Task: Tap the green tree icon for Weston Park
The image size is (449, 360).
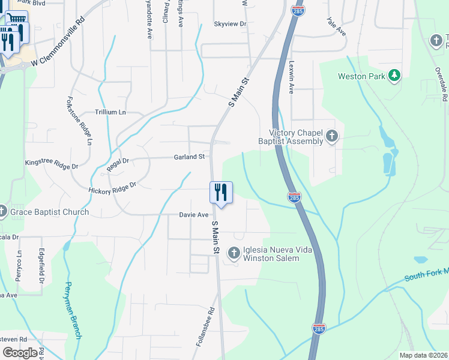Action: click(x=394, y=76)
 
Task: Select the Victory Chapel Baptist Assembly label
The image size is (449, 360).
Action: click(x=296, y=137)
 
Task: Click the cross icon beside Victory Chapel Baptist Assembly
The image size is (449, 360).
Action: click(x=331, y=137)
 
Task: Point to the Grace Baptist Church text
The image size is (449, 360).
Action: click(x=50, y=212)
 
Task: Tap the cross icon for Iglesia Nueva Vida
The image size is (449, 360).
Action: click(x=234, y=254)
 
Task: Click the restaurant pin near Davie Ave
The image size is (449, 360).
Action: click(x=221, y=193)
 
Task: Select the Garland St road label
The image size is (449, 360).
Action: click(x=189, y=157)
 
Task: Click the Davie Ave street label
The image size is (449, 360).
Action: click(x=193, y=215)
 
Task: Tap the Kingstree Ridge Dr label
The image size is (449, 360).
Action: click(x=52, y=163)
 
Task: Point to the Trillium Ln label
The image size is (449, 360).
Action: click(x=110, y=112)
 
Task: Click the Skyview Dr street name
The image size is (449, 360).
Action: click(x=231, y=24)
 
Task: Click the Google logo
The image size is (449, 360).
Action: click(x=20, y=353)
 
